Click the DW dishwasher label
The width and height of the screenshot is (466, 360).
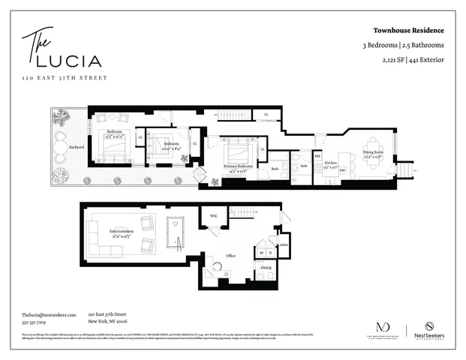pos(342,170)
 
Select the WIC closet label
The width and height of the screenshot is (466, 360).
pos(213,216)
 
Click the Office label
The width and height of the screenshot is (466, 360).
pos(231,256)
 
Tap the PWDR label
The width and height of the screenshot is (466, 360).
pos(266,267)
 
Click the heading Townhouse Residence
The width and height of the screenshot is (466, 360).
pos(409,31)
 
